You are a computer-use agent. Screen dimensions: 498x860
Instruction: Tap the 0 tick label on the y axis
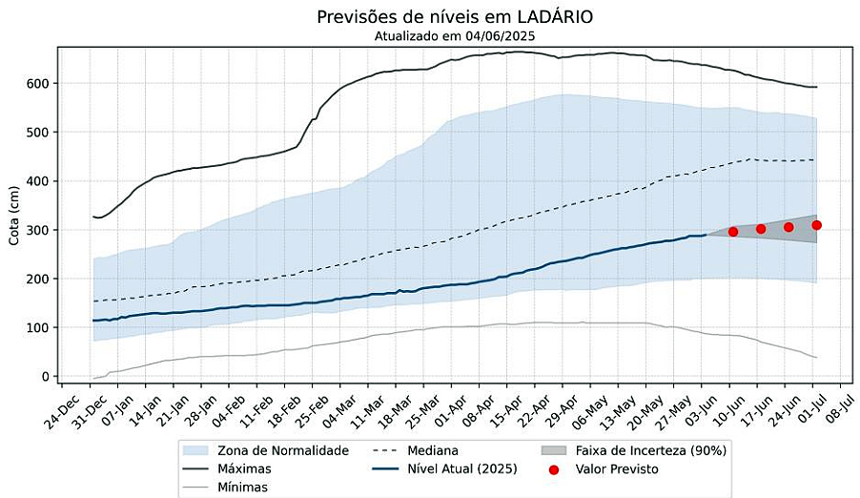click(44, 377)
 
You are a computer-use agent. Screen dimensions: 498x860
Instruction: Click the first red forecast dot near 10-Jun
click(733, 232)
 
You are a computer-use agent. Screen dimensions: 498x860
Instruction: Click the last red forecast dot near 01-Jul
click(817, 225)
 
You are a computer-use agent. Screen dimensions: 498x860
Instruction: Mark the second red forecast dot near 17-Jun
click(761, 229)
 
